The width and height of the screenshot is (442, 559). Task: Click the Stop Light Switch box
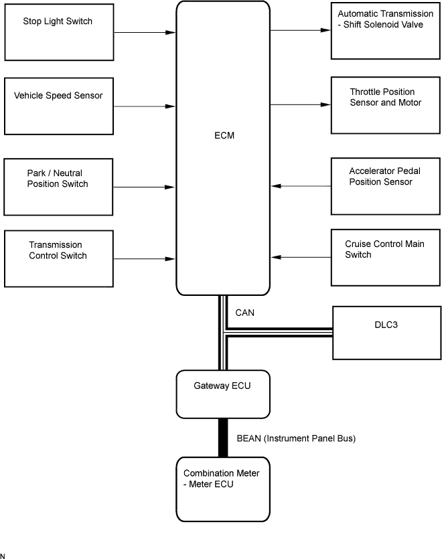tap(58, 31)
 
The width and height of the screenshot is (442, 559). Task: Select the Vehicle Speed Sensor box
tap(58, 106)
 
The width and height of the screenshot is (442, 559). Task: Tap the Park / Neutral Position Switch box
tap(58, 186)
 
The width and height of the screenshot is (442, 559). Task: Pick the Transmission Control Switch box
tap(58, 258)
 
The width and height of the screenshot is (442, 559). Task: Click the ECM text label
tap(222, 136)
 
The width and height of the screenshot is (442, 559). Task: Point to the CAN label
tap(245, 313)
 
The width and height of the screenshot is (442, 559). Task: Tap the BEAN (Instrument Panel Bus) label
tap(295, 439)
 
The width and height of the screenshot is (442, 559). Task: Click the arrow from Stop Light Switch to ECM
tap(143, 31)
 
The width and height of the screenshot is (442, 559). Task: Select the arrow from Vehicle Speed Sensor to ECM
tap(143, 106)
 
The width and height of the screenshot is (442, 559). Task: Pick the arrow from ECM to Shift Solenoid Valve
tap(301, 30)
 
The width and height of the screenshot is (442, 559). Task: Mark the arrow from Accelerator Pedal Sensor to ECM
tap(301, 185)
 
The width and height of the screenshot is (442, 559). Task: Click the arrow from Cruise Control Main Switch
tap(301, 257)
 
